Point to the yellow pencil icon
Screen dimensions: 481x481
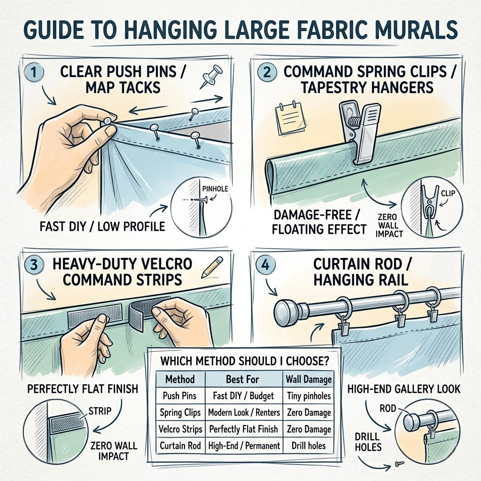pos(212,267)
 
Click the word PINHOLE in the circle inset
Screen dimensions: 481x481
pos(215,189)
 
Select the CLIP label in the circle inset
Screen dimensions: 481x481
pos(448,194)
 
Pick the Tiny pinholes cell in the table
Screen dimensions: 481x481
pos(309,396)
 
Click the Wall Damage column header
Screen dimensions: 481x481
pos(309,380)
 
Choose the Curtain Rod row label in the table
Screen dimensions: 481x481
pos(180,446)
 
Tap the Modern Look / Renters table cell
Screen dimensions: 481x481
pos(244,412)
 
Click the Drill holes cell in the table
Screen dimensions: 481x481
pos(309,445)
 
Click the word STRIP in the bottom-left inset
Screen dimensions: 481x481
pos(100,411)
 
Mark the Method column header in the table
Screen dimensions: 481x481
pos(180,380)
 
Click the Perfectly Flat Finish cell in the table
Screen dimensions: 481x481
pos(244,429)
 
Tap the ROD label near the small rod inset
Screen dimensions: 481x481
pos(388,409)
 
